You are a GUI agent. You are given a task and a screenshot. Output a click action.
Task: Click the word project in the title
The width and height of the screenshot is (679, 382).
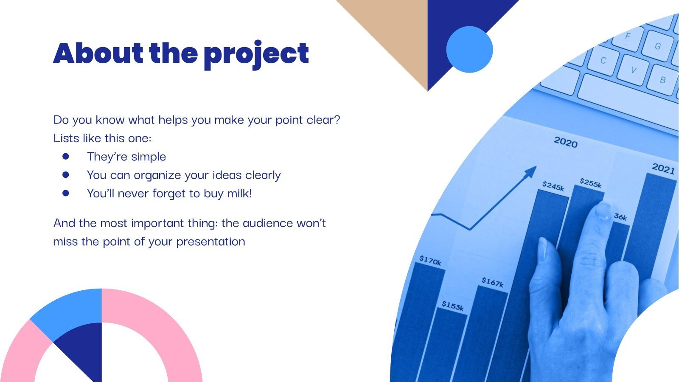pyautogui.click(x=256, y=54)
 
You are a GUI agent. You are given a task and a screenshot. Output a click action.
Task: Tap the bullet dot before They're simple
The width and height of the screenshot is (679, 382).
pyautogui.click(x=65, y=156)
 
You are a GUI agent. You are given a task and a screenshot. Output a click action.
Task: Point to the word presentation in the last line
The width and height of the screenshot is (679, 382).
pyautogui.click(x=210, y=242)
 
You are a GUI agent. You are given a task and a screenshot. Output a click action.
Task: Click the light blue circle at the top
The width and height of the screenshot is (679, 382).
pyautogui.click(x=469, y=49)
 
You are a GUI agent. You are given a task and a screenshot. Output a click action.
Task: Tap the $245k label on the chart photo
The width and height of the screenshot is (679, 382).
pyautogui.click(x=553, y=186)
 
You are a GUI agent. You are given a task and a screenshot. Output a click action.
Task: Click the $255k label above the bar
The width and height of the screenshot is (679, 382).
pyautogui.click(x=591, y=183)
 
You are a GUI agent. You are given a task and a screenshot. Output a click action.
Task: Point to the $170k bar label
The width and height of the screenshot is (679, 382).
pyautogui.click(x=430, y=260)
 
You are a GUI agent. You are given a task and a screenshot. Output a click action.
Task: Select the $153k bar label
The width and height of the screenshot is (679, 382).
pyautogui.click(x=452, y=306)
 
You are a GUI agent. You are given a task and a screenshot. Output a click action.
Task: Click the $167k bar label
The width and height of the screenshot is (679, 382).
pyautogui.click(x=492, y=282)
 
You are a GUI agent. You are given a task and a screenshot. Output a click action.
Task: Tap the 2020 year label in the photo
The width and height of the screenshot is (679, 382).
pyautogui.click(x=565, y=142)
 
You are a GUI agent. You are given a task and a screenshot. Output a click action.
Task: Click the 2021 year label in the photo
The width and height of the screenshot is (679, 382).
pyautogui.click(x=663, y=169)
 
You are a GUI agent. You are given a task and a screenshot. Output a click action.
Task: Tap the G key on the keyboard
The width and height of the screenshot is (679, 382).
pyautogui.click(x=657, y=46)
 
